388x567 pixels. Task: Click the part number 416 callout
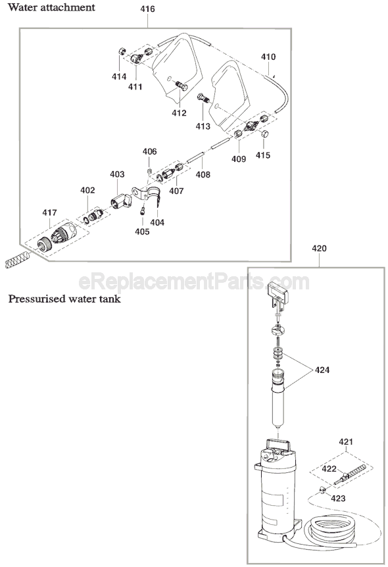coord(147,9)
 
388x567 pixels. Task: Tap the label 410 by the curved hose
coord(268,57)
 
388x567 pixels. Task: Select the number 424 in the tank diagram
coord(322,370)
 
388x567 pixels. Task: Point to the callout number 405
coord(142,232)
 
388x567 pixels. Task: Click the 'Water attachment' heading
coord(51,7)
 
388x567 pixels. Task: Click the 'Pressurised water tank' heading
coord(64,299)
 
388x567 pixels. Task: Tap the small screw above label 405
coord(143,210)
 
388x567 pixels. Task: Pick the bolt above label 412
coord(182,86)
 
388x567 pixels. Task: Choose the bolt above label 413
coord(204,98)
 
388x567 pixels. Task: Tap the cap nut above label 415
coord(264,134)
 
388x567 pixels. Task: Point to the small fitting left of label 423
coord(322,489)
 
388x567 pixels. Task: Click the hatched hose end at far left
coord(17,259)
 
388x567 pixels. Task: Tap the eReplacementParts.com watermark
coord(194,282)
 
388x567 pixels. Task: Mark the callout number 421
coord(346,441)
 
